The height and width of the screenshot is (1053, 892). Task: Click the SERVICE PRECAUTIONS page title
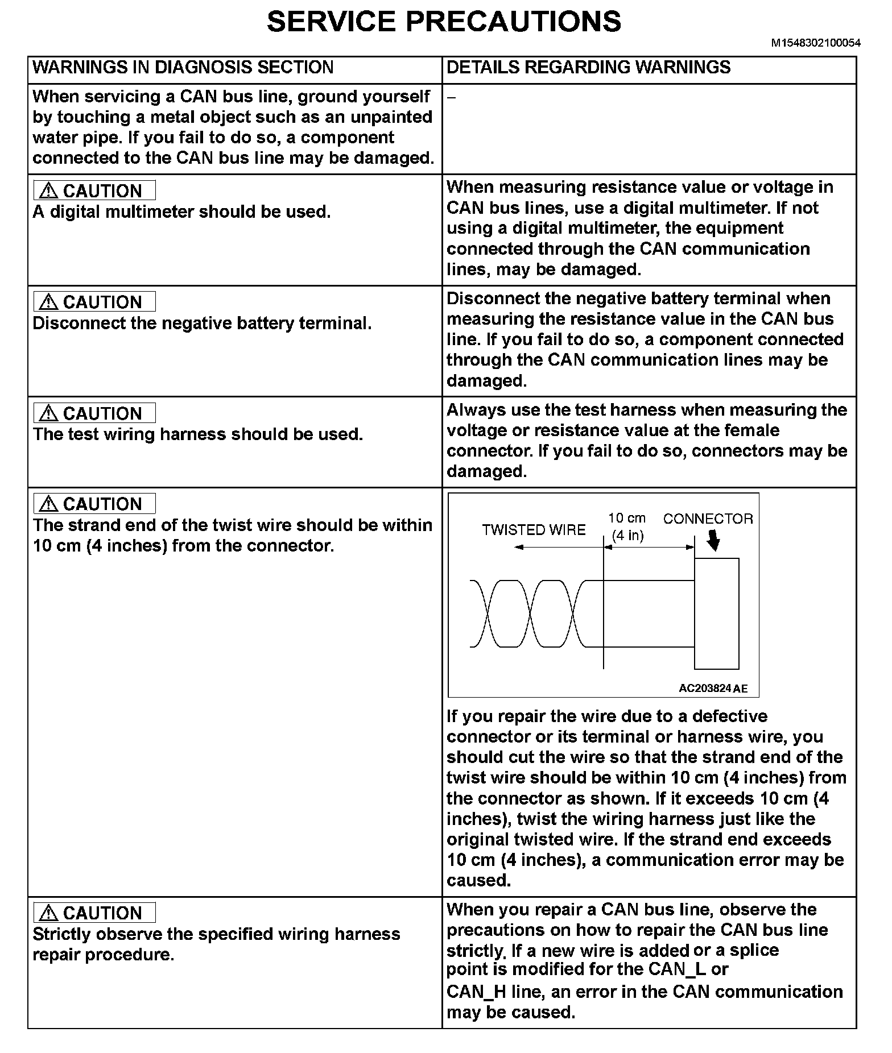(444, 22)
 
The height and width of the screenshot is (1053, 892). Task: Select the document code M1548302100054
(815, 43)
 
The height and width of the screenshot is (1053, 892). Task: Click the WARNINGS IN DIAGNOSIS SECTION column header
(183, 68)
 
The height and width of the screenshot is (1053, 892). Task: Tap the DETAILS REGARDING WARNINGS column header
(588, 68)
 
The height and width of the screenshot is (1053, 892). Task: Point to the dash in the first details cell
(451, 97)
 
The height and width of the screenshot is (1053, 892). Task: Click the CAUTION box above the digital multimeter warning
(94, 190)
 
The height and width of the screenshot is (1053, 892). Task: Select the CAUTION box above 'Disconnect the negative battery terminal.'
(94, 301)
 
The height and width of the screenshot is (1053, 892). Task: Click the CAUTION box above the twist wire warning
(94, 504)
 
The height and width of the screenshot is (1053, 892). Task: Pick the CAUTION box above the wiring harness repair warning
(94, 913)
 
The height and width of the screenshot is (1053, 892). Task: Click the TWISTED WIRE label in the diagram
(534, 530)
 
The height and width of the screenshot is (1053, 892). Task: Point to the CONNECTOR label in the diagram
(708, 519)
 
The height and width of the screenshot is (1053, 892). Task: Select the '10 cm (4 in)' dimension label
(627, 526)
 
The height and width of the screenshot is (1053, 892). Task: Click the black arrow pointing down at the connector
(713, 542)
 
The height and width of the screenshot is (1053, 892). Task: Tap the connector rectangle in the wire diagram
(716, 613)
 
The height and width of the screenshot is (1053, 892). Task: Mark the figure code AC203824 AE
(713, 689)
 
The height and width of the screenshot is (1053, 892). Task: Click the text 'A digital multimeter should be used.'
(181, 212)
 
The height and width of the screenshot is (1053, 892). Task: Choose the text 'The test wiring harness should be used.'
(197, 434)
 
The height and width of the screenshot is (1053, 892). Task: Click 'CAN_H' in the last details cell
(477, 992)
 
